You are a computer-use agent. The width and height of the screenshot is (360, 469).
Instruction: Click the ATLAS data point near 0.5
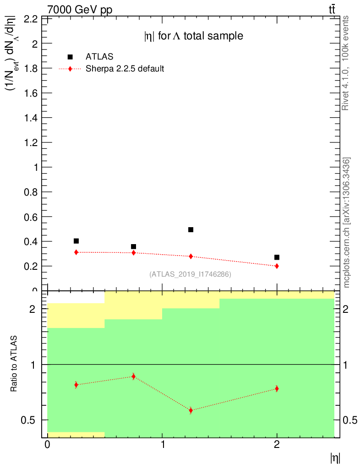(x=191, y=229)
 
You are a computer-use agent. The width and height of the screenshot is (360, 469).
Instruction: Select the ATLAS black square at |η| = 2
(x=277, y=257)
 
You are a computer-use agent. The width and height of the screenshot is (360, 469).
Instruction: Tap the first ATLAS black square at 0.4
(x=76, y=241)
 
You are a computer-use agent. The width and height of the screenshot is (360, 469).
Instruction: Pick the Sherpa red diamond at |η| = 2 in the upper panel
(x=277, y=266)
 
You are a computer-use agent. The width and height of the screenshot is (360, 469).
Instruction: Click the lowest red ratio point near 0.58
(x=191, y=410)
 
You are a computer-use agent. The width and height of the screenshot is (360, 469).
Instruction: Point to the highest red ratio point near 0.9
(x=133, y=376)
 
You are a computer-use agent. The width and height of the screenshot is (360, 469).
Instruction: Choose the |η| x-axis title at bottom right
(x=335, y=458)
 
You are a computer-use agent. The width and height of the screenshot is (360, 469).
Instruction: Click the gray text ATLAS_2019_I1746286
(x=190, y=274)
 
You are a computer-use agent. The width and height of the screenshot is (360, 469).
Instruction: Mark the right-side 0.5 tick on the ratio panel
(x=349, y=420)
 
